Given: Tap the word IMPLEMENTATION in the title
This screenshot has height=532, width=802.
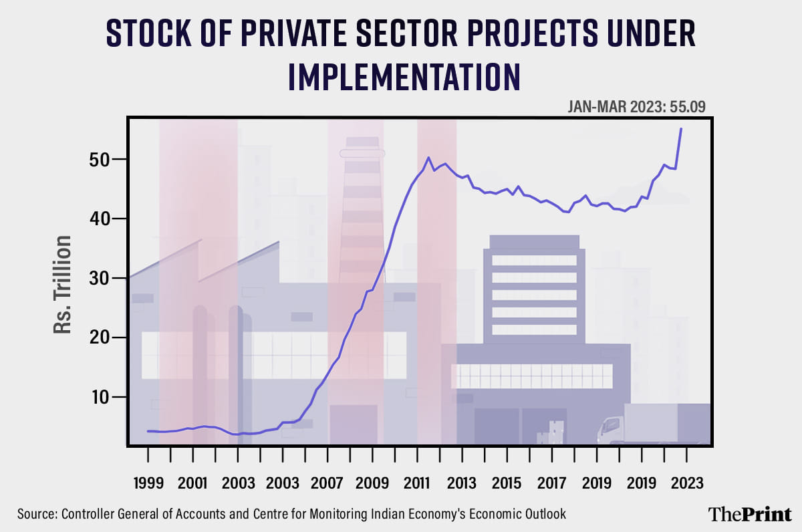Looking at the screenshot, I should click(x=404, y=76).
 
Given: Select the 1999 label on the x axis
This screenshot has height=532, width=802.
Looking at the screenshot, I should click(x=148, y=483).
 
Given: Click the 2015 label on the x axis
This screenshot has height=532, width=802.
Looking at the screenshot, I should click(x=507, y=483).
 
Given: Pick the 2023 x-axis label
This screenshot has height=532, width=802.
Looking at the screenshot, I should click(x=686, y=483).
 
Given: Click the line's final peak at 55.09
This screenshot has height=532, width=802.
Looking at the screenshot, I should click(x=680, y=129).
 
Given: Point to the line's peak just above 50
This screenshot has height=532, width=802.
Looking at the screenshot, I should click(x=428, y=158).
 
